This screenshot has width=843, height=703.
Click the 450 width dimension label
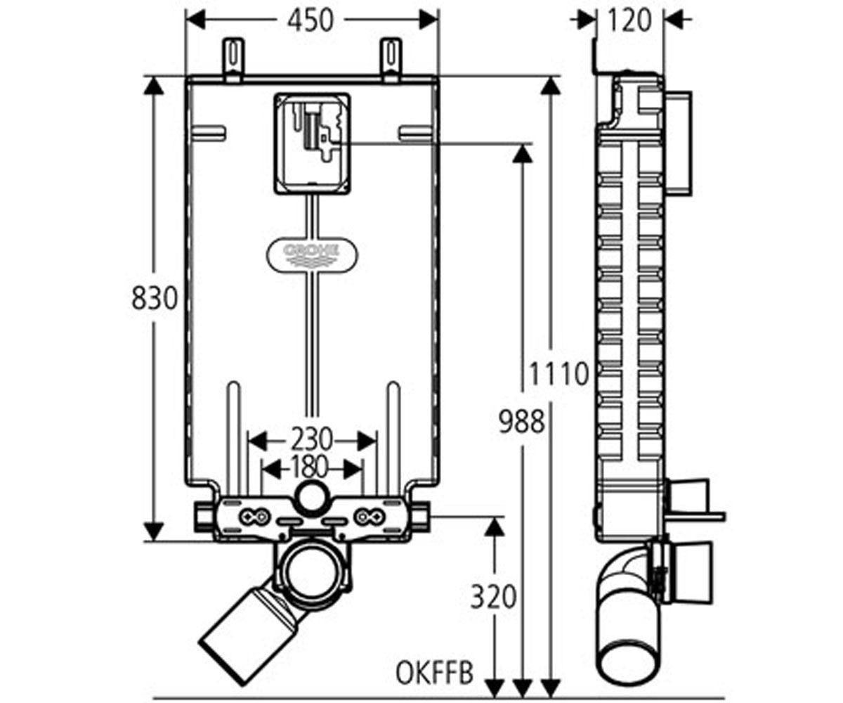point(311,20)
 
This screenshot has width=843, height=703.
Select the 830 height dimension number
point(155,298)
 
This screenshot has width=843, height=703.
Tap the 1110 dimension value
point(559,373)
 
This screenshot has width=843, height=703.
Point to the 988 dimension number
point(522,421)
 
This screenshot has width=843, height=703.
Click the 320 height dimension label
point(493,597)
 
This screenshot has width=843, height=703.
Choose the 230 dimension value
point(312,439)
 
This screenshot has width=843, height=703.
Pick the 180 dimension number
point(309,467)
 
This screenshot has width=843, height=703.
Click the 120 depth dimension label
point(629,20)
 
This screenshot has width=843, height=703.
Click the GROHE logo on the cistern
point(312,254)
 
